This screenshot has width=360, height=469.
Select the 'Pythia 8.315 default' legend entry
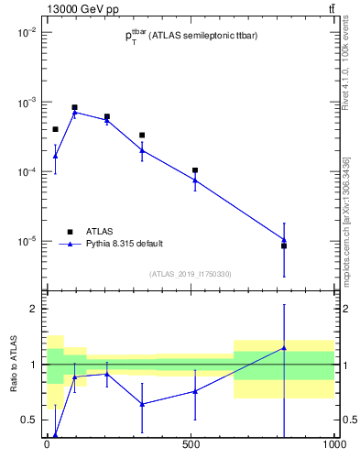pos(124,244)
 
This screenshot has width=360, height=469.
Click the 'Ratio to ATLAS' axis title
pos(13,364)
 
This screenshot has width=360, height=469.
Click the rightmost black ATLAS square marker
pos(284,245)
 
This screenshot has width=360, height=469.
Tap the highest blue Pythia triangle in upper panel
pos(75,112)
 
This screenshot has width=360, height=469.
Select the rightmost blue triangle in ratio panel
pos(284,347)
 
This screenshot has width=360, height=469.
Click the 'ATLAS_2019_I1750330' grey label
pos(191,274)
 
